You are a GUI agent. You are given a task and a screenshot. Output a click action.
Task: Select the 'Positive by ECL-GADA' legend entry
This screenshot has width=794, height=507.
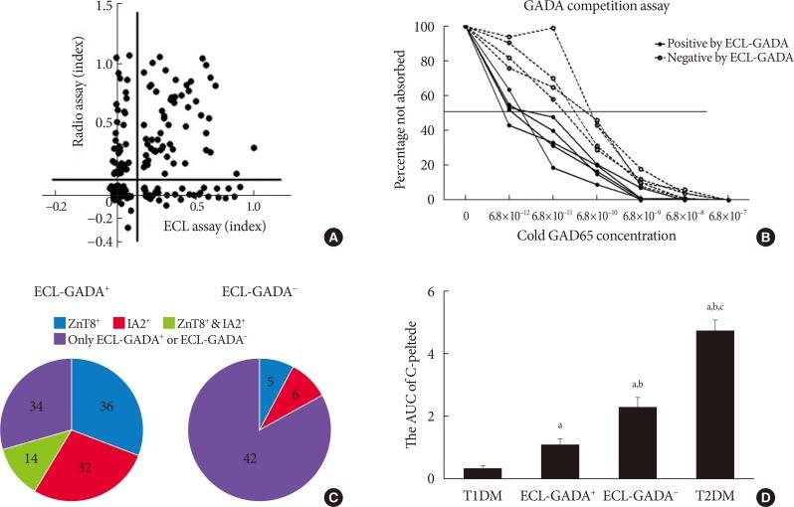point(724,43)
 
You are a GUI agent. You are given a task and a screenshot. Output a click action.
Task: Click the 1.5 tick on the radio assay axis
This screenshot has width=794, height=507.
point(105,8)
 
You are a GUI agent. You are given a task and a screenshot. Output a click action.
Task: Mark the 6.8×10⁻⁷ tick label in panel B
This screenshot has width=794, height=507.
point(727,215)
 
